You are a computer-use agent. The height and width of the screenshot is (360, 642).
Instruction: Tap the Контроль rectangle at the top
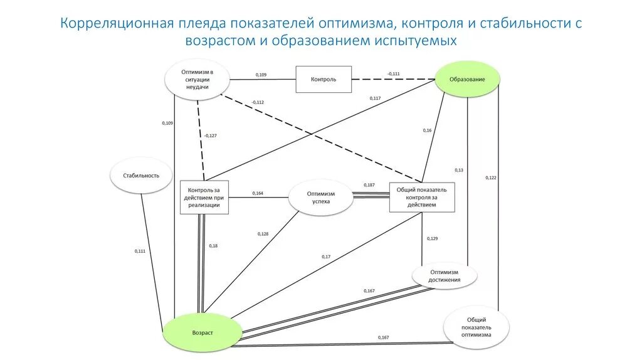[324, 80]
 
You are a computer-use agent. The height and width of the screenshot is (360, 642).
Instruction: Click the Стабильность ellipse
[141, 175]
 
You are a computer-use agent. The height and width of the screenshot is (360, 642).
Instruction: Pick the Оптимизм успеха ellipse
[321, 198]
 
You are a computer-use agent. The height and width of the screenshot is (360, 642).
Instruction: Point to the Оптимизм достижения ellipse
[445, 275]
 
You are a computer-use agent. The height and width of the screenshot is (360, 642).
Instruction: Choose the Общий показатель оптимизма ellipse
[476, 327]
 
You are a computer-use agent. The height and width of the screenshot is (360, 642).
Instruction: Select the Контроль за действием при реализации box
[204, 197]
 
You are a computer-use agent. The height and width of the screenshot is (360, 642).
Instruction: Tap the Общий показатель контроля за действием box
[421, 197]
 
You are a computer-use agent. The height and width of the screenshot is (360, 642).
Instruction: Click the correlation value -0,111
[393, 74]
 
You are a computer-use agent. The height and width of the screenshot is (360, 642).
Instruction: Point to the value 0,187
[369, 185]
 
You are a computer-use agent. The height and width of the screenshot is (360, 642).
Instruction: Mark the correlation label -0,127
[210, 135]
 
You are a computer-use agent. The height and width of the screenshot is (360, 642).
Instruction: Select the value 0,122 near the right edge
[490, 177]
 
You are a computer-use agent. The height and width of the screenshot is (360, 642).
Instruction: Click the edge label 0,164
[258, 193]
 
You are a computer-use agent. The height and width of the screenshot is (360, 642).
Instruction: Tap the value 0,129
[432, 238]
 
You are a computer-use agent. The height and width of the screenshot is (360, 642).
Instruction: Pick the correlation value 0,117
[375, 98]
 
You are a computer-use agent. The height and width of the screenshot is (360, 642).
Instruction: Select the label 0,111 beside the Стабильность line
[140, 251]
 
